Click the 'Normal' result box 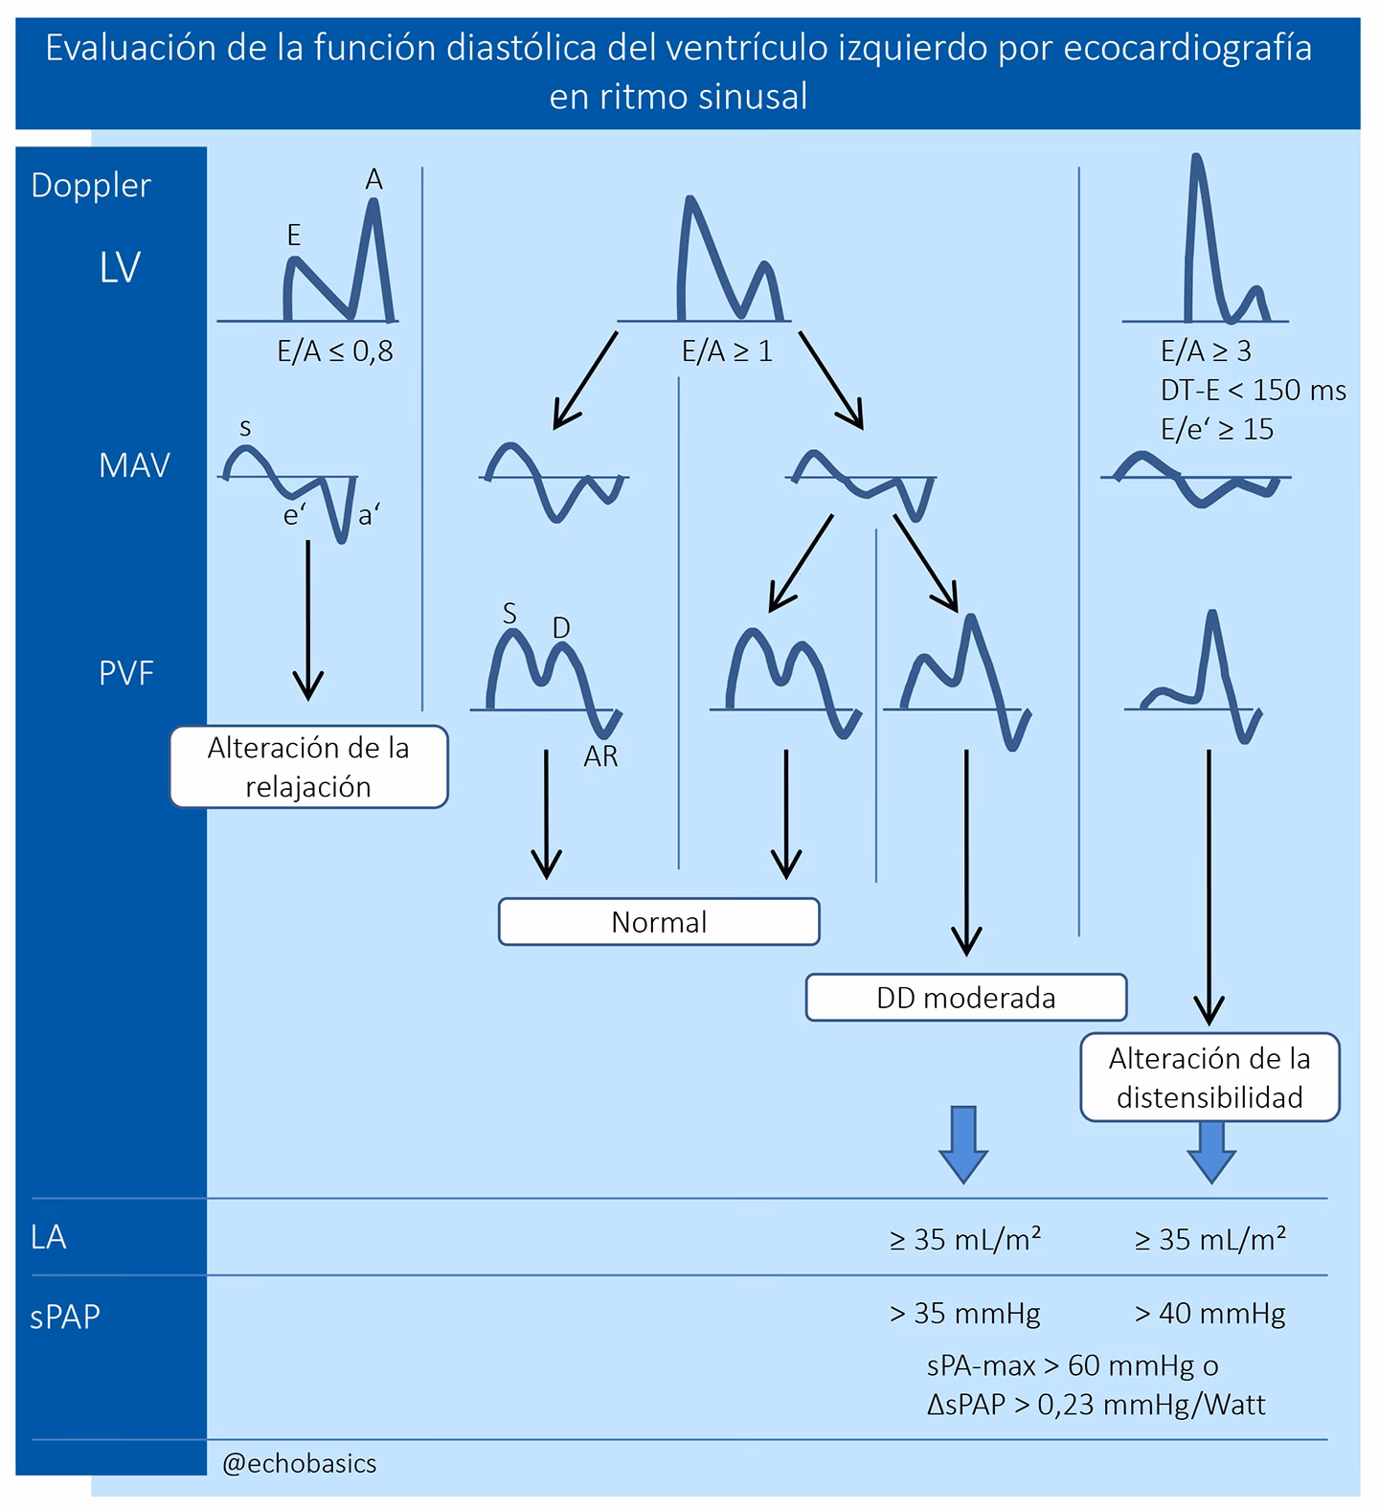pyautogui.click(x=659, y=922)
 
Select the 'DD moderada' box pyautogui.click(x=965, y=998)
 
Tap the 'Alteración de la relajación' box pyautogui.click(x=308, y=767)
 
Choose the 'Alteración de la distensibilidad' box pyautogui.click(x=1209, y=1077)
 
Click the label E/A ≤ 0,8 pyautogui.click(x=335, y=351)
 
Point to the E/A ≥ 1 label pyautogui.click(x=727, y=351)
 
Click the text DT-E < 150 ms pyautogui.click(x=1253, y=391)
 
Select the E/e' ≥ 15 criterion pyautogui.click(x=1217, y=429)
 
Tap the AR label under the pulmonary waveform pyautogui.click(x=600, y=756)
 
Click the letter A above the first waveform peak pyautogui.click(x=373, y=179)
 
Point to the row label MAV pyautogui.click(x=134, y=465)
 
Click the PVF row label pyautogui.click(x=126, y=673)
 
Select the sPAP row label pyautogui.click(x=65, y=1317)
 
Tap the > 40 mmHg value pyautogui.click(x=1209, y=1313)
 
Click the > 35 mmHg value pyautogui.click(x=964, y=1313)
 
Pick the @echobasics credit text pyautogui.click(x=299, y=1463)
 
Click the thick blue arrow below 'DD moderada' pyautogui.click(x=962, y=1144)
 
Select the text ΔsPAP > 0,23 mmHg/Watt pyautogui.click(x=1096, y=1405)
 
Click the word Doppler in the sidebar pyautogui.click(x=91, y=185)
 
